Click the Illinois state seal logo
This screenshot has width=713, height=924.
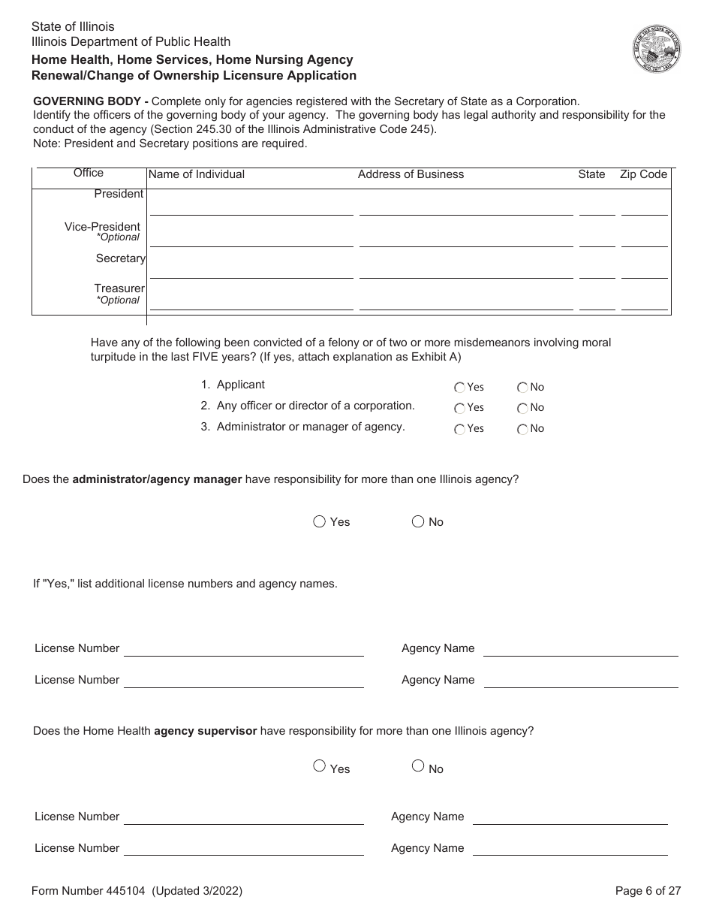coord(656,49)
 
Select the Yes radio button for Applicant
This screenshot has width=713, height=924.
coord(459,388)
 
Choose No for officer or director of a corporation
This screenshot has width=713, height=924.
coord(522,408)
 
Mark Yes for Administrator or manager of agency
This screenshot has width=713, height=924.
coord(459,429)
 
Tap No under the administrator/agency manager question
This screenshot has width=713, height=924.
coord(418,521)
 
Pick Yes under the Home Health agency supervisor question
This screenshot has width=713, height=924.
coord(319,766)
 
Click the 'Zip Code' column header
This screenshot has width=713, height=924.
coord(643,174)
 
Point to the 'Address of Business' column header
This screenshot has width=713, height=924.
coord(411,174)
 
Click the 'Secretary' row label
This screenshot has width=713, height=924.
coord(120,258)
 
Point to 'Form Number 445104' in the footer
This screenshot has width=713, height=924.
coord(89,891)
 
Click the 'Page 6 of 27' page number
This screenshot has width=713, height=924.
coord(648,891)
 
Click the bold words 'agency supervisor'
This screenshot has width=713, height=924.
coord(205,731)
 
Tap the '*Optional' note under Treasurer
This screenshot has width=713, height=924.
coord(118,300)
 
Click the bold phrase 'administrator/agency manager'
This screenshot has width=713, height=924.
coord(157,479)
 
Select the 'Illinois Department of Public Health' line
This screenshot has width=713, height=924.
coord(131,42)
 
